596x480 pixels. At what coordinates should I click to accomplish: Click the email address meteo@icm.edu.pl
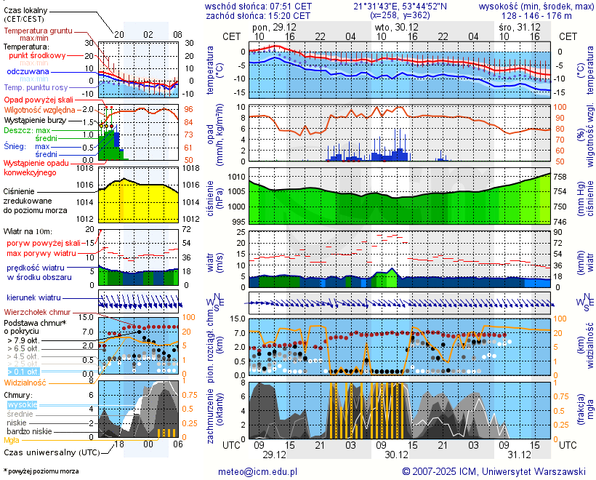tap(258, 471)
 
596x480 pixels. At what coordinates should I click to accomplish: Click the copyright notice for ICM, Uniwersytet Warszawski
tap(494, 471)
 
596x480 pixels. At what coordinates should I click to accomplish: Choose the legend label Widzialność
tap(25, 381)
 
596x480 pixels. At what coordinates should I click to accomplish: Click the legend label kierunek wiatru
tap(33, 298)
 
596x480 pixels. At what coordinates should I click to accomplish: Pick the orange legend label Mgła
tap(12, 440)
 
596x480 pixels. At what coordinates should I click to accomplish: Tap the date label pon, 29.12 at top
tap(269, 27)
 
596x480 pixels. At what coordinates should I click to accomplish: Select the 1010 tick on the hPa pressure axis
tap(235, 177)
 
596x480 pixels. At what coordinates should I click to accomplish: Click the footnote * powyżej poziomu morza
tap(41, 471)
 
